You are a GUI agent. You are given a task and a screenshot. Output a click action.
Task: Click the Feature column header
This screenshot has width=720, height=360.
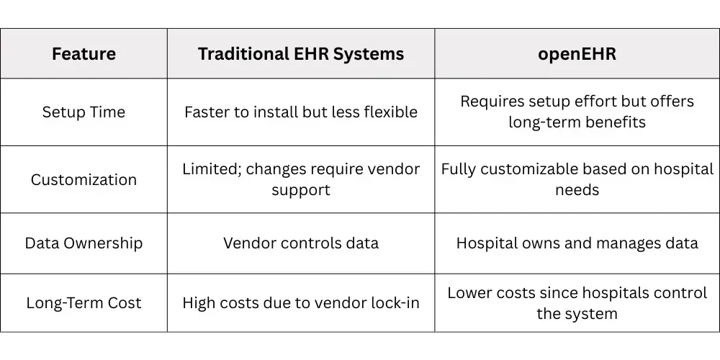point(84,54)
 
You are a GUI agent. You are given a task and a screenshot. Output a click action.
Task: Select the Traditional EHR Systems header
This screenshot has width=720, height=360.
point(301,54)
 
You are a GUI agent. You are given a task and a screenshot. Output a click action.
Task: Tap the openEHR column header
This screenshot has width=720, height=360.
point(577,54)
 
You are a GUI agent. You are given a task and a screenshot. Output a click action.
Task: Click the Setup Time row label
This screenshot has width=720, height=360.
point(84,112)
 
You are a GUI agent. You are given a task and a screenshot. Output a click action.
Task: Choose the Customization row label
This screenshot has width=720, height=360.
point(84,180)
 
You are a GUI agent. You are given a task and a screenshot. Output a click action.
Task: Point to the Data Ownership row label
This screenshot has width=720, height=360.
point(84,243)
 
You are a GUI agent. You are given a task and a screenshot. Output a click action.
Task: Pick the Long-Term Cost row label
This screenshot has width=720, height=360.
point(84,303)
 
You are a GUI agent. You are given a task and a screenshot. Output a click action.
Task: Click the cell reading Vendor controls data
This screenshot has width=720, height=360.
point(301,243)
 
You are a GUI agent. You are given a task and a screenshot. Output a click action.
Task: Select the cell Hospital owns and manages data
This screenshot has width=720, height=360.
point(577,243)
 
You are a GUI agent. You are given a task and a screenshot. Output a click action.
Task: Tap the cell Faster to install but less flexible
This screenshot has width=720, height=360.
point(301,112)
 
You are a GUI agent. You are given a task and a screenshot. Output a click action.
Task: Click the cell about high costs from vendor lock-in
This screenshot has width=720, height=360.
point(301,303)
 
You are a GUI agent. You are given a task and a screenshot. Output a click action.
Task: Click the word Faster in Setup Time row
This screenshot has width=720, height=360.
point(207,112)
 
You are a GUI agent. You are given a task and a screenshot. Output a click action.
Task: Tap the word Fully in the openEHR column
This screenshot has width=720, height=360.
point(458,169)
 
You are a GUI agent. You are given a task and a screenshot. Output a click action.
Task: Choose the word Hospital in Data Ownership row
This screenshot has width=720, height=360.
point(483,243)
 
